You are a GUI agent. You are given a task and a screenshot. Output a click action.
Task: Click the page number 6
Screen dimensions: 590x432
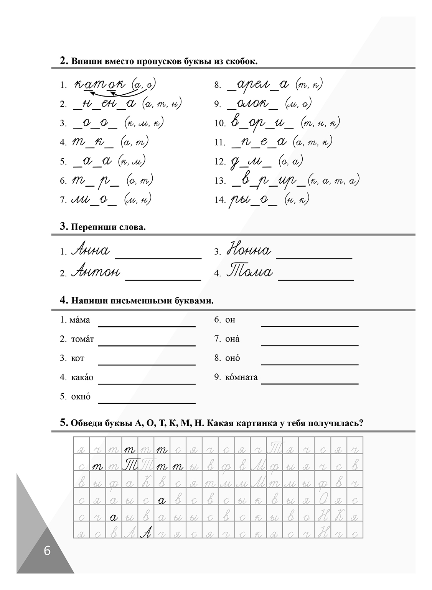tap(47, 551)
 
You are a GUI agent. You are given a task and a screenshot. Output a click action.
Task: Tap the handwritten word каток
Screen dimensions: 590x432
tap(99, 84)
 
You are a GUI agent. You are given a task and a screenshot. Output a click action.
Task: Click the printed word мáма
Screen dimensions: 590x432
tap(80, 320)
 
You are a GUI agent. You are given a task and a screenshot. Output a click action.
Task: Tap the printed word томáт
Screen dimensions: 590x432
tap(82, 339)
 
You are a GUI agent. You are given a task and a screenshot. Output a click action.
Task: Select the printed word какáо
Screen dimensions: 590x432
tap(82, 378)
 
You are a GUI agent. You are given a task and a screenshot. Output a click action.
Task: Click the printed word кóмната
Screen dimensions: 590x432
tap(241, 377)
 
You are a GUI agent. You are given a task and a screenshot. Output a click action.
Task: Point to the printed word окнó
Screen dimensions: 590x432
tap(81, 397)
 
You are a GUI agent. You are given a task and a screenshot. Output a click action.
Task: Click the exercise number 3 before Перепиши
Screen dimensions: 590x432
tap(64, 226)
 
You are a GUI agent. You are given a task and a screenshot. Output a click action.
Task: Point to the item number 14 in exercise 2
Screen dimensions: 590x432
tap(220, 200)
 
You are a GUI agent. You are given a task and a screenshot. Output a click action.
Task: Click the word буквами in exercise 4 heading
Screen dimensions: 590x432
tap(194, 301)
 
